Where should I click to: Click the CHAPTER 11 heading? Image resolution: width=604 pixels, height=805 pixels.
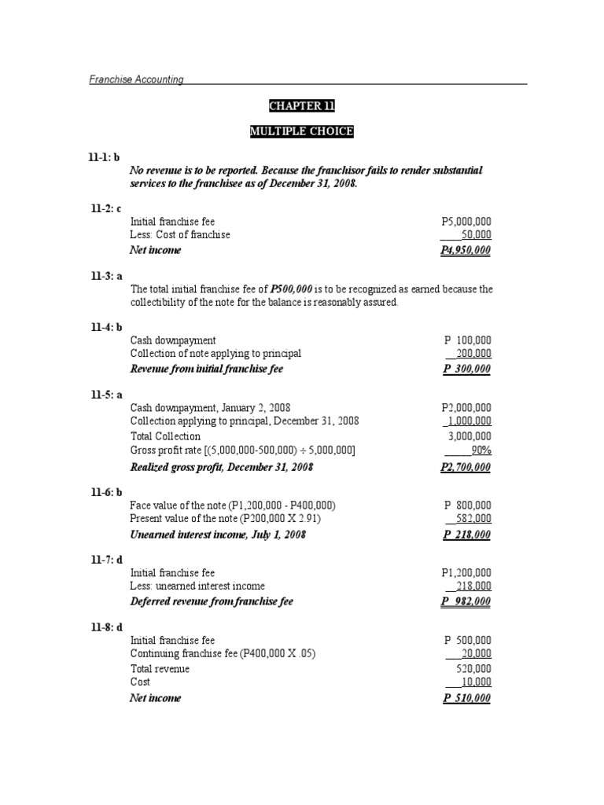[301, 106]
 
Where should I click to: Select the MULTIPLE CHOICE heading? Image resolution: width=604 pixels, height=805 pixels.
[301, 132]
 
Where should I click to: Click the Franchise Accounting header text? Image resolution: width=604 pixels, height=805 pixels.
[136, 79]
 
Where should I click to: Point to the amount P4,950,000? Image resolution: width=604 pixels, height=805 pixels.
[466, 250]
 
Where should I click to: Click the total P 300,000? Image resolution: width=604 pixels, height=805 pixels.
[467, 368]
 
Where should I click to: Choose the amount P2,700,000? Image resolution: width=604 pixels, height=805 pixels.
[466, 467]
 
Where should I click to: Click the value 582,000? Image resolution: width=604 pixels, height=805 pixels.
[474, 519]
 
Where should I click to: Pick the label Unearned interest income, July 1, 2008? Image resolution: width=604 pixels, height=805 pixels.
[217, 535]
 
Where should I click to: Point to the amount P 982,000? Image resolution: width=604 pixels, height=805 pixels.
[467, 601]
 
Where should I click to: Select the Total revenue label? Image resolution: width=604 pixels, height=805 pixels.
[160, 669]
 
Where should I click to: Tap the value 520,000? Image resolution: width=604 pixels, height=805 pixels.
[474, 669]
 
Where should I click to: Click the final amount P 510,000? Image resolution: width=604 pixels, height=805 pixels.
[467, 698]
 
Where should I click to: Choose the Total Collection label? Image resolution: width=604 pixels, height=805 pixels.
[165, 436]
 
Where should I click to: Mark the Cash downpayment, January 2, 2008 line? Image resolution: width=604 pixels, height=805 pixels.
[210, 407]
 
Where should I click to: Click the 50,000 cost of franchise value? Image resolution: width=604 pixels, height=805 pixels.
[477, 235]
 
